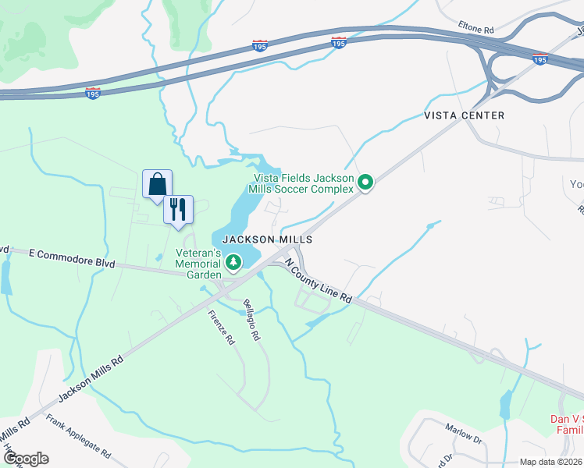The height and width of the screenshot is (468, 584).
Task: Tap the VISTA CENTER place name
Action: [464, 115]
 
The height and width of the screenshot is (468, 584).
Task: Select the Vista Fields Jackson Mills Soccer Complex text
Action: [301, 183]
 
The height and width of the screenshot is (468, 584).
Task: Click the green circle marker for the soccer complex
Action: [365, 183]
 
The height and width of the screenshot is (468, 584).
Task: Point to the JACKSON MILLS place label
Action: [268, 239]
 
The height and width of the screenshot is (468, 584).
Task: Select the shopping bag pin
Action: [158, 185]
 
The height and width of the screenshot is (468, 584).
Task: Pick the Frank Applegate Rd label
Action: [78, 436]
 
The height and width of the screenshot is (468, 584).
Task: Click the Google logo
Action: [25, 459]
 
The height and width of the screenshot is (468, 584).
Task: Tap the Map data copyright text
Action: [551, 462]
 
